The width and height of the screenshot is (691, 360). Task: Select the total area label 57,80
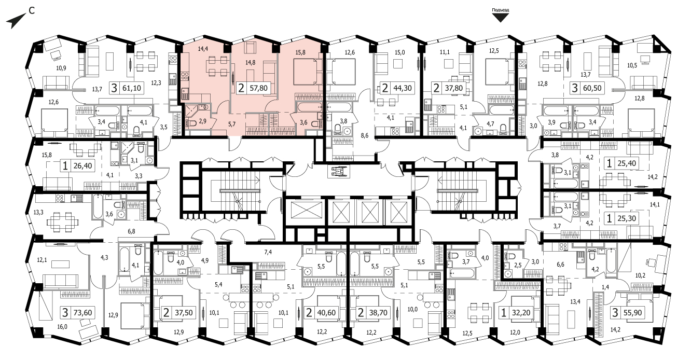pos(258,88)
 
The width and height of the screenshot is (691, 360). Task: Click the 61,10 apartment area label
pos(132,88)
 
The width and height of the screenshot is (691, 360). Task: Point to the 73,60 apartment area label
pos(82,312)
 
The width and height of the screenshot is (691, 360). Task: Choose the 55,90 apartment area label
pos(632,312)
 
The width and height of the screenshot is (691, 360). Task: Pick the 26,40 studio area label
pos(82,165)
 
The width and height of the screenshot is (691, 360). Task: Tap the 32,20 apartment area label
pos(521,312)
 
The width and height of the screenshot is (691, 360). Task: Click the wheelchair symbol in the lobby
pos(338,171)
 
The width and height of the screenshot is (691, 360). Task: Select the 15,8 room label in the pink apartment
pos(300,52)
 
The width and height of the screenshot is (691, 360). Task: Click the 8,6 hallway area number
pos(365,135)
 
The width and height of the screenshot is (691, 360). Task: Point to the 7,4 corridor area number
pos(268,252)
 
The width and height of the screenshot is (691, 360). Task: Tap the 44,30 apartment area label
pos(403,88)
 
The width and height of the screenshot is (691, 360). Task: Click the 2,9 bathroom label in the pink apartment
pos(203,121)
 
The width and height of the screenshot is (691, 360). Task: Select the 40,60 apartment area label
pos(326,312)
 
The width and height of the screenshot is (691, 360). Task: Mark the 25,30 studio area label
pos(627,218)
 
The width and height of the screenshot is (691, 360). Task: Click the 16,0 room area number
pos(62,327)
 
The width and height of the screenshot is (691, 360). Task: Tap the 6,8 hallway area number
pos(131,231)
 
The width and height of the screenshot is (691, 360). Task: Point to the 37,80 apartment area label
pos(453,88)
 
